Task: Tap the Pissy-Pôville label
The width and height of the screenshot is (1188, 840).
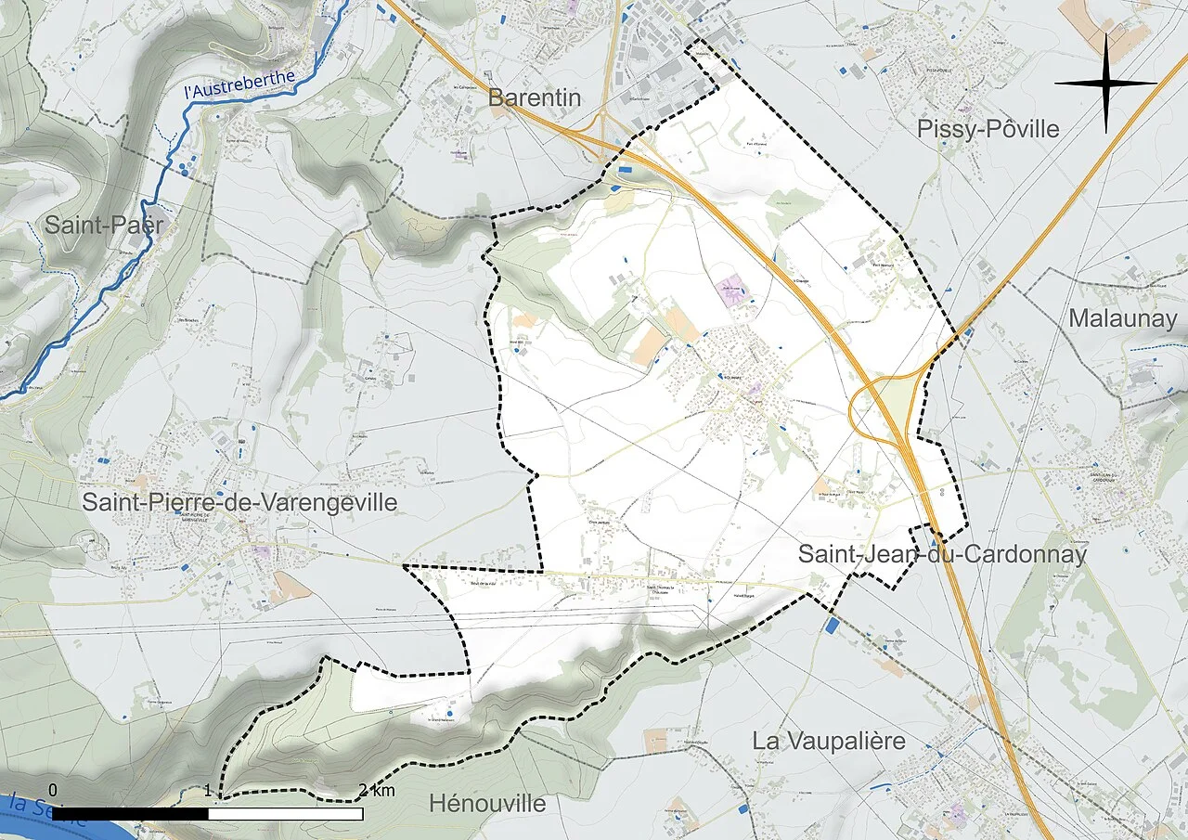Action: pos(988,129)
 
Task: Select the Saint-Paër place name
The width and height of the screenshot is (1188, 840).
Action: pos(104,225)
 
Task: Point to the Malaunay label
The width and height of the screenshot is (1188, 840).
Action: pos(1122,318)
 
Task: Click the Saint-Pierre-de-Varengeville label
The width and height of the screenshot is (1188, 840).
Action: pos(239,503)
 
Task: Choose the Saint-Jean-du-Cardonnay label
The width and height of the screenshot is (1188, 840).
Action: pos(942,555)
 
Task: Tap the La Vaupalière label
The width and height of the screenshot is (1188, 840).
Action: pos(829,741)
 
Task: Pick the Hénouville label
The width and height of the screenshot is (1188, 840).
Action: pos(487,802)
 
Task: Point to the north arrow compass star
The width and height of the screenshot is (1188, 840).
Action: pos(1105,83)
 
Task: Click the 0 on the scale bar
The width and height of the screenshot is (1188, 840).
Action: pos(53,790)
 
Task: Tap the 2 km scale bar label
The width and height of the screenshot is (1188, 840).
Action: pos(377,791)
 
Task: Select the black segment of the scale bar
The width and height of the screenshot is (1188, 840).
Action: pos(130,814)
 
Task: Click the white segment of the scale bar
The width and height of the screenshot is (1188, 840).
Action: pos(285,814)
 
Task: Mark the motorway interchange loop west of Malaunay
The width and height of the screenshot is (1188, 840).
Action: pos(882,406)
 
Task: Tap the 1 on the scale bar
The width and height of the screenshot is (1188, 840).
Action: pos(209,791)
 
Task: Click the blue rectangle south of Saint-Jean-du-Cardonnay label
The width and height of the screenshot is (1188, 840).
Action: pos(831,626)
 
